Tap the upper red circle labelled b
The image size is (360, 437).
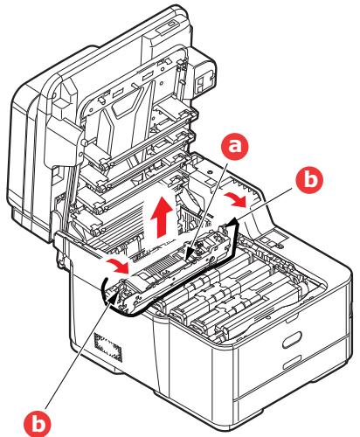click(x=309, y=179)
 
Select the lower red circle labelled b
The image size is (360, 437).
click(x=37, y=423)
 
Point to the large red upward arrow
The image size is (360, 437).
click(x=161, y=217)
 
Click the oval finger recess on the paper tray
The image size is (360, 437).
click(x=292, y=339)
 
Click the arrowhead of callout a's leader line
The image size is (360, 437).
click(x=189, y=254)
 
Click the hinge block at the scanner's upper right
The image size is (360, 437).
click(x=204, y=75)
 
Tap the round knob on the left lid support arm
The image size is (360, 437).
click(x=84, y=142)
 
